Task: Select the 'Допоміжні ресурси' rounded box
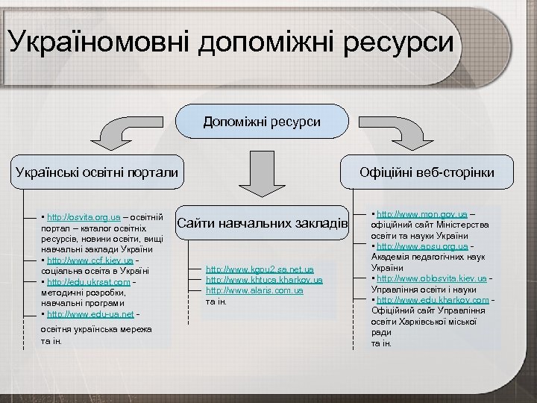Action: click(x=262, y=120)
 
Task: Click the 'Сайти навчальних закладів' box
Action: click(x=262, y=222)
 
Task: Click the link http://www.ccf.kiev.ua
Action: click(x=89, y=260)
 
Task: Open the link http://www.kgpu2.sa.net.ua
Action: click(x=260, y=269)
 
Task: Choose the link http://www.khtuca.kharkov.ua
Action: click(x=264, y=279)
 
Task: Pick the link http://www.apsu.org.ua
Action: click(x=423, y=246)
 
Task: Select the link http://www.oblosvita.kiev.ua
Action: click(x=432, y=278)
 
